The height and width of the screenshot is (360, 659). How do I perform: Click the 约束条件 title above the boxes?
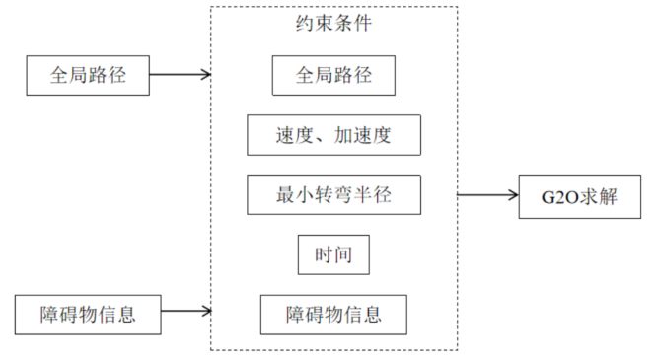333,24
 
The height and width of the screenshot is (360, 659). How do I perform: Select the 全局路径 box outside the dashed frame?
89,75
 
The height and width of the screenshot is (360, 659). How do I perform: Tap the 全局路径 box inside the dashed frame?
333,75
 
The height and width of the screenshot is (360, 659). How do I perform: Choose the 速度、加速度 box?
333,135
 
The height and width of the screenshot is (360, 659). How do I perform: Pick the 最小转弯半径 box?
333,195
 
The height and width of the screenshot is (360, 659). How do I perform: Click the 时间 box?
333,256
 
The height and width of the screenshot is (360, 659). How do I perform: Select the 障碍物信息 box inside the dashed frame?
333,315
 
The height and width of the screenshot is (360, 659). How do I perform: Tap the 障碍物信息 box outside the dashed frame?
88,314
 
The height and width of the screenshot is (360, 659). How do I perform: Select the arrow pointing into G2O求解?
487,195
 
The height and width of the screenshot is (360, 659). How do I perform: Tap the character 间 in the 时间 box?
343,256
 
